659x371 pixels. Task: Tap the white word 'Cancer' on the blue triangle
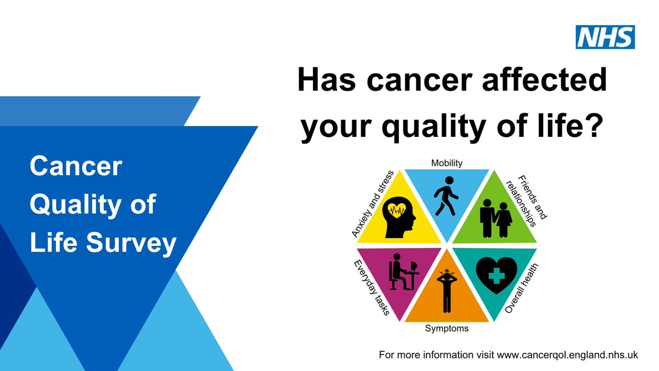point(75,167)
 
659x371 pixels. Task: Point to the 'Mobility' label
point(446,163)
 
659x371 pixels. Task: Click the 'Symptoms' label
point(447,329)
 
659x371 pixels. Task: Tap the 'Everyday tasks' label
point(372,287)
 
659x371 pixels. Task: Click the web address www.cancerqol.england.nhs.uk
point(567,355)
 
